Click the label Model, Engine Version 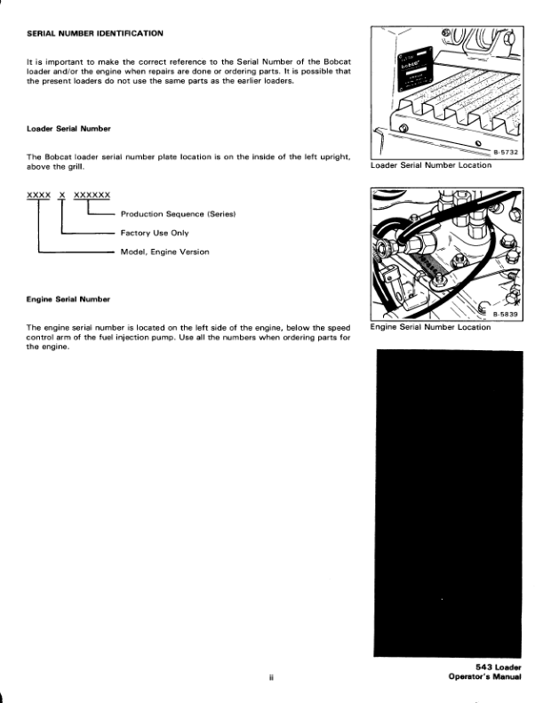click(164, 252)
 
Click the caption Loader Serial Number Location click(430, 165)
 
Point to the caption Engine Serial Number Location click(430, 327)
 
